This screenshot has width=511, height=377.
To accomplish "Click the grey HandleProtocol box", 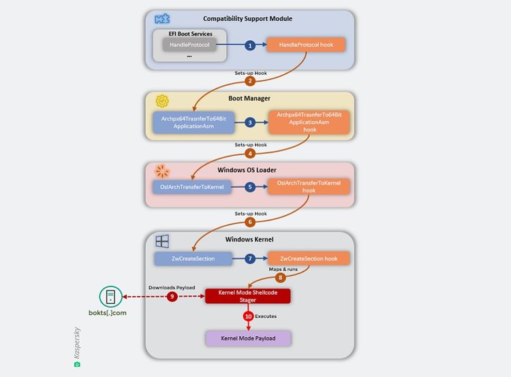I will [189, 45].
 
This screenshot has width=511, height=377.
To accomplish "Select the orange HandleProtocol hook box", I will [305, 45].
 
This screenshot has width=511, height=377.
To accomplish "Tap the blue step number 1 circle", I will [250, 45].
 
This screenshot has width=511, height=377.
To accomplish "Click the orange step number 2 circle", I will [250, 81].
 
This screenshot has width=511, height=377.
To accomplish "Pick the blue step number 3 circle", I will [250, 122].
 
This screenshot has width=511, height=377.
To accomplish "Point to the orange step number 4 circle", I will [250, 154].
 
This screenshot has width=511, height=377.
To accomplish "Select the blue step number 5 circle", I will [250, 186].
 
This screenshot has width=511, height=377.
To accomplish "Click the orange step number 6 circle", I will [250, 222].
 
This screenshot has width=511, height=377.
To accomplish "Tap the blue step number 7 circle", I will [250, 259].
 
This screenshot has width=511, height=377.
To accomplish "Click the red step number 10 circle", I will [248, 316].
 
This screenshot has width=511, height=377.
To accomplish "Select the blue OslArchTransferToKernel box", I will [193, 186].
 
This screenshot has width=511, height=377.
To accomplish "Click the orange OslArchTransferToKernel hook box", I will [309, 186].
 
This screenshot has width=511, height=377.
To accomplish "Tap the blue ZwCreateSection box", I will [193, 259].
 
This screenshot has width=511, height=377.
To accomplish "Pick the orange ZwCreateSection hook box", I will [309, 259].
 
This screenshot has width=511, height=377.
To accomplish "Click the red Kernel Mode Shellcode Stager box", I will [248, 296].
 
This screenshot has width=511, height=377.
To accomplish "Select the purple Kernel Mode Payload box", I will [248, 338].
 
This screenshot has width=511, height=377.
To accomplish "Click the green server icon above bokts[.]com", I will [110, 297].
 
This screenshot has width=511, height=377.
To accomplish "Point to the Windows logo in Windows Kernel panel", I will [162, 241].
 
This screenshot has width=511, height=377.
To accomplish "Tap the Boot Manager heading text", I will [250, 99].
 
